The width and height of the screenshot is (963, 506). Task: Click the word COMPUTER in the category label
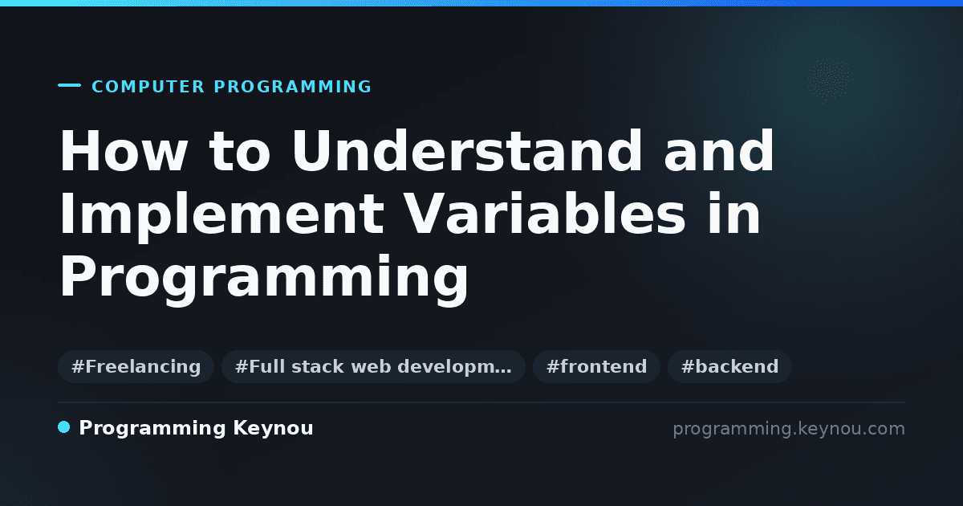pyautogui.click(x=148, y=87)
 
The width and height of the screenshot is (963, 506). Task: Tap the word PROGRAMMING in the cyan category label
pyautogui.click(x=292, y=87)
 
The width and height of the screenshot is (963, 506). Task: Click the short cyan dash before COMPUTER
pyautogui.click(x=69, y=85)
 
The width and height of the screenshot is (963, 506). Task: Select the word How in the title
pyautogui.click(x=124, y=151)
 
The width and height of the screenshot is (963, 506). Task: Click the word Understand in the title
pyautogui.click(x=467, y=151)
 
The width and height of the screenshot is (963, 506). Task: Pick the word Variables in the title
pyautogui.click(x=545, y=214)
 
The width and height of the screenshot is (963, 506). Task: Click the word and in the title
pyautogui.click(x=718, y=151)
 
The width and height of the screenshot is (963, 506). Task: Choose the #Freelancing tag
pyautogui.click(x=136, y=366)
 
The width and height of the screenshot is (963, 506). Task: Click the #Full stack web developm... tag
pyautogui.click(x=373, y=366)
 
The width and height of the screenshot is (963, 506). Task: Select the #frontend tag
pyautogui.click(x=596, y=366)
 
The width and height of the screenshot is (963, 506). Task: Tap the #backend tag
pyautogui.click(x=729, y=366)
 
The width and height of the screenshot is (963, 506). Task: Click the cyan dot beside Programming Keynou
pyautogui.click(x=64, y=427)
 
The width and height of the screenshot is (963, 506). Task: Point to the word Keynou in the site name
pyautogui.click(x=273, y=429)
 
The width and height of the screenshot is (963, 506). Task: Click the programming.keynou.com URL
pyautogui.click(x=789, y=429)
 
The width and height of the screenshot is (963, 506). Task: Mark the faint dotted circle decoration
pyautogui.click(x=830, y=80)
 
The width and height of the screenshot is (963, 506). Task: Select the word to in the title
pyautogui.click(x=239, y=152)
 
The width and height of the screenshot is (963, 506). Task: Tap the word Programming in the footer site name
pyautogui.click(x=152, y=429)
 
